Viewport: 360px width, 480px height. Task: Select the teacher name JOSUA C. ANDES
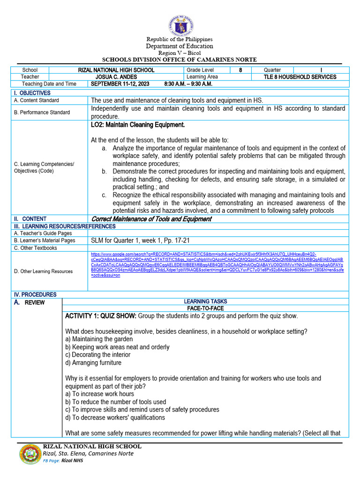click(x=116, y=77)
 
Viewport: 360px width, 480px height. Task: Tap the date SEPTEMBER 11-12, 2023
click(x=120, y=84)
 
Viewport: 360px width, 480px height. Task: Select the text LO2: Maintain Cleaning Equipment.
click(x=138, y=125)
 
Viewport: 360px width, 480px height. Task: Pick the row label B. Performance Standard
click(x=42, y=112)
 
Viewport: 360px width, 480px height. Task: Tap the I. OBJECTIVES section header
click(x=32, y=93)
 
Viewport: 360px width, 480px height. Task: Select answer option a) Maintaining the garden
click(x=99, y=339)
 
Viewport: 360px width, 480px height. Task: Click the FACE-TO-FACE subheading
click(x=205, y=308)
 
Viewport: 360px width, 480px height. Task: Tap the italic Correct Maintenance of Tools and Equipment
click(x=151, y=219)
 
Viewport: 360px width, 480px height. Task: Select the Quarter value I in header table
click(x=321, y=70)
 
